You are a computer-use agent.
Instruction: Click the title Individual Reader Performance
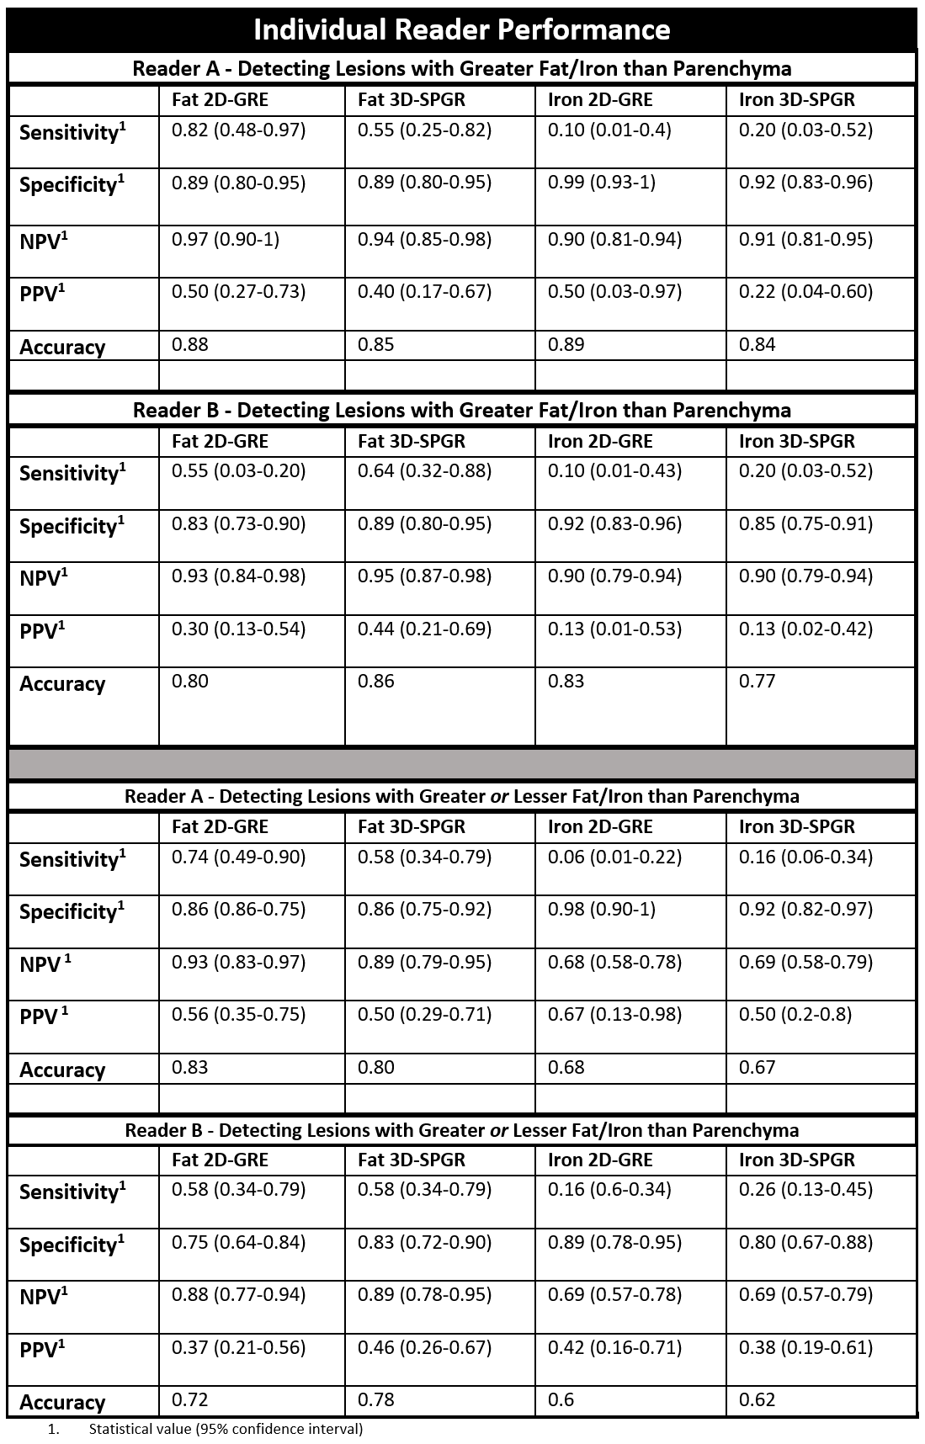[461, 29]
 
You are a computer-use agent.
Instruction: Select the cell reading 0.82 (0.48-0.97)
[238, 130]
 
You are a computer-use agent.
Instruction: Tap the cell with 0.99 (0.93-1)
[601, 183]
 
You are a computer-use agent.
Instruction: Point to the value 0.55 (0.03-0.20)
[238, 470]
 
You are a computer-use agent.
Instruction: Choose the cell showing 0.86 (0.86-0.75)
[238, 910]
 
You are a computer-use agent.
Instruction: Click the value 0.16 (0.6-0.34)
[609, 1189]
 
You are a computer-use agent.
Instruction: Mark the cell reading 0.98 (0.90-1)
[601, 910]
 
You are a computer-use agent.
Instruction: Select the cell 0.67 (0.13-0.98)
[614, 1014]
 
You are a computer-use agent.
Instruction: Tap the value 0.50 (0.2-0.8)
[795, 1014]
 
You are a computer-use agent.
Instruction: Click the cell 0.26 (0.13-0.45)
[805, 1189]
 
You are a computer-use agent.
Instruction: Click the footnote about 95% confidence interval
[226, 1429]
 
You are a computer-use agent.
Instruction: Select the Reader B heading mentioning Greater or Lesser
[461, 1129]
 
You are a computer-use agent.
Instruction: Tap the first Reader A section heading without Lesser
[461, 68]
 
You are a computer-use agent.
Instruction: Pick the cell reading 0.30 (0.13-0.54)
[238, 629]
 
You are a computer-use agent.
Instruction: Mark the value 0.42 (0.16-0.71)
[614, 1347]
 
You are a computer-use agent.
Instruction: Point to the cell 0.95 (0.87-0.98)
[424, 576]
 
